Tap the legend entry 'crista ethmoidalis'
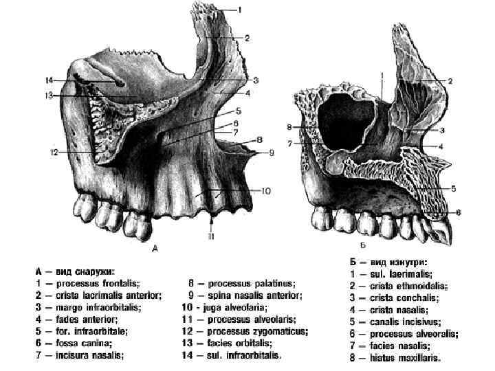point(408,285)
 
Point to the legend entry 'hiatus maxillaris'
point(406,357)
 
